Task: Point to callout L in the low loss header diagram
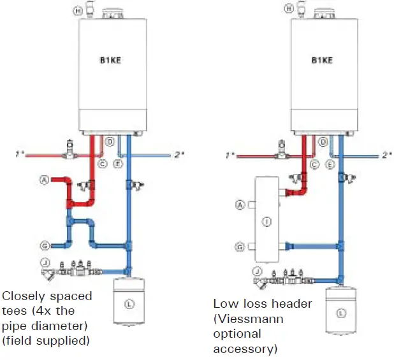coord(340,312)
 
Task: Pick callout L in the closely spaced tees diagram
coord(129,304)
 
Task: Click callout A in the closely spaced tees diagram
coord(45,180)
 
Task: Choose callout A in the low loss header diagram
coord(240,205)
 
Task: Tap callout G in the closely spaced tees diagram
coord(45,245)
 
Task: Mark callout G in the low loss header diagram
coord(240,245)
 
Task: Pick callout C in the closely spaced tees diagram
coord(101,164)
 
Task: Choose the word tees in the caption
coord(14,310)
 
